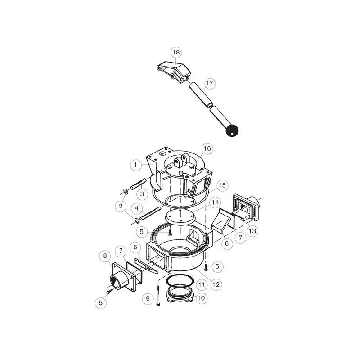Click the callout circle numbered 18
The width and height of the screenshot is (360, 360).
point(176,52)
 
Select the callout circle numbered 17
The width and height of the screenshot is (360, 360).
point(210,83)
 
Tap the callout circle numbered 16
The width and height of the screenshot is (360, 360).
point(207,148)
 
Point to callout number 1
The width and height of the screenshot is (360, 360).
point(135,165)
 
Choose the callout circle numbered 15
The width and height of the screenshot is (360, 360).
point(222,185)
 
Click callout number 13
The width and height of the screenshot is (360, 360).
point(252,231)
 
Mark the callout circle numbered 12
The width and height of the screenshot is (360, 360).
point(216,284)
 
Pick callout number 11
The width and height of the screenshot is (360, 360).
point(201,285)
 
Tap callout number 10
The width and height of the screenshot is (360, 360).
point(201,298)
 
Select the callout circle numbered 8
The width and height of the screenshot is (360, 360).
point(105,256)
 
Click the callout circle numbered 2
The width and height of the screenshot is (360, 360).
point(121,206)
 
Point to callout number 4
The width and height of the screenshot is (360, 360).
point(137,208)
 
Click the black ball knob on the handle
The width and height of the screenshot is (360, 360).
point(232,131)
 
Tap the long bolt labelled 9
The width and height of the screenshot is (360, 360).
point(158,295)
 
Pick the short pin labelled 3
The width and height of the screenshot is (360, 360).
point(139,184)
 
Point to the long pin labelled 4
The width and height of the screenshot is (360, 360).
point(151,213)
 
